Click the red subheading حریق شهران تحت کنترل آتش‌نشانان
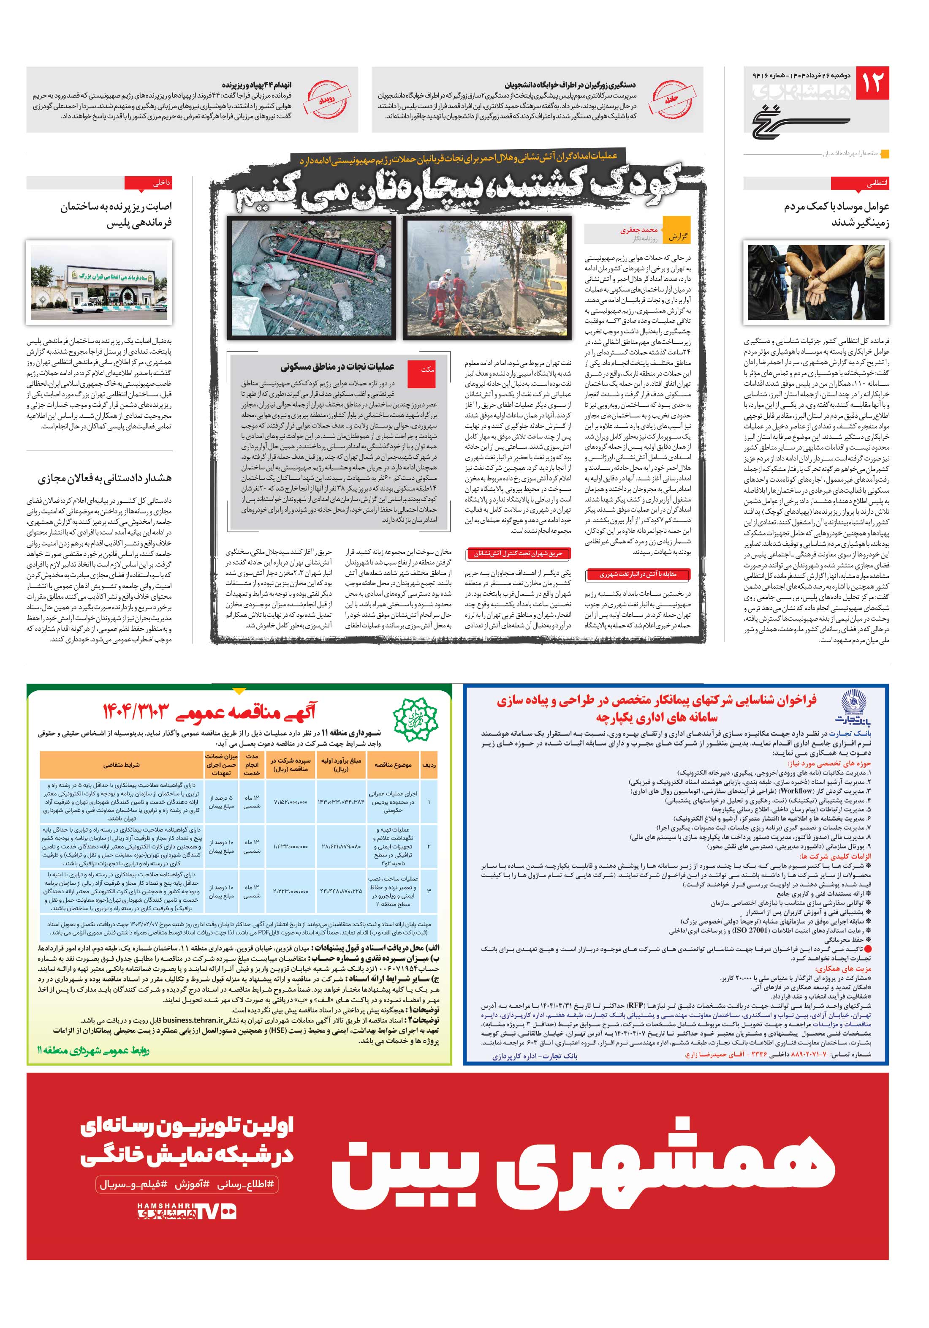click(x=518, y=554)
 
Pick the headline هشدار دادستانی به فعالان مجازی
click(x=105, y=478)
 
